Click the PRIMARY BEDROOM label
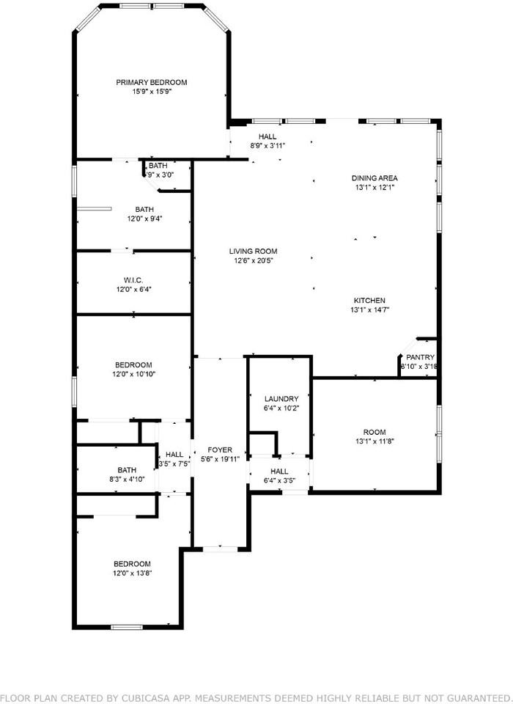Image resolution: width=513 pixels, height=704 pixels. coord(152,82)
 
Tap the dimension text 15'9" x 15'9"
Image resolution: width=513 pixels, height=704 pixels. coord(152,92)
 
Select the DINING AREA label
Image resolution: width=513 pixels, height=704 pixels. coord(374,177)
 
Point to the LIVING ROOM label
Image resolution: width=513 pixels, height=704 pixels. coord(256,251)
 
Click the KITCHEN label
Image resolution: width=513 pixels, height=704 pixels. coord(369,300)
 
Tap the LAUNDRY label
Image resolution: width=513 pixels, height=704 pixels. coord(282,398)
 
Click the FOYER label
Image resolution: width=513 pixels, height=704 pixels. coord(221,450)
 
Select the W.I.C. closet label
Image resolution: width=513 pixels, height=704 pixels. coord(133,279)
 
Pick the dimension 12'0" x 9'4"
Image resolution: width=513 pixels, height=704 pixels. coord(134,219)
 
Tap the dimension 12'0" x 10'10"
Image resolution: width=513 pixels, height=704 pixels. coord(133,374)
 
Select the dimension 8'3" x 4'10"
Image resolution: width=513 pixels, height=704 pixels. coord(127,479)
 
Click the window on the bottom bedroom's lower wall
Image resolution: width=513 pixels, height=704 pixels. coord(126,627)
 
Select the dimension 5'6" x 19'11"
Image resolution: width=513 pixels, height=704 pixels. coord(221,460)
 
